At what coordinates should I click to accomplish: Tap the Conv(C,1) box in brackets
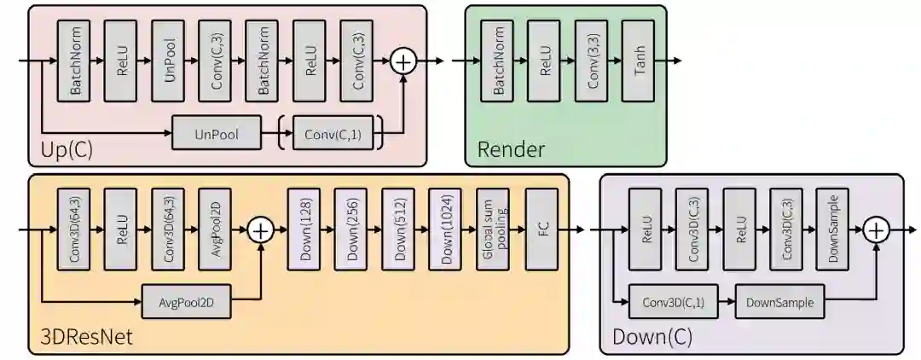(331, 135)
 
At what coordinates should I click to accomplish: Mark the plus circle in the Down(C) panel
(876, 229)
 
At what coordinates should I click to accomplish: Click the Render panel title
(511, 150)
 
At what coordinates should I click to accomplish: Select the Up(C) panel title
(67, 150)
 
